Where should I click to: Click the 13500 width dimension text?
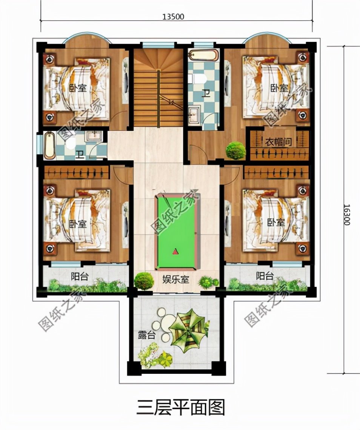click(173, 17)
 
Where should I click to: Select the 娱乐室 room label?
click(176, 280)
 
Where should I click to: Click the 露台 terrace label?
click(147, 335)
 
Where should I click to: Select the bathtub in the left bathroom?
click(50, 145)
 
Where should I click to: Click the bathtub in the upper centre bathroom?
click(204, 55)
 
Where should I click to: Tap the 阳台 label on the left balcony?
click(80, 276)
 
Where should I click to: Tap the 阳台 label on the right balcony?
click(265, 276)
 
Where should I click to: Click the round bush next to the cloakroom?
click(236, 150)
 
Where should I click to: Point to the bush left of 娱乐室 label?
click(144, 280)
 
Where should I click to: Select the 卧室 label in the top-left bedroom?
click(78, 88)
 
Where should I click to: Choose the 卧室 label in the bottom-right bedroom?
click(276, 223)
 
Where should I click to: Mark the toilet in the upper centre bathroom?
click(200, 79)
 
